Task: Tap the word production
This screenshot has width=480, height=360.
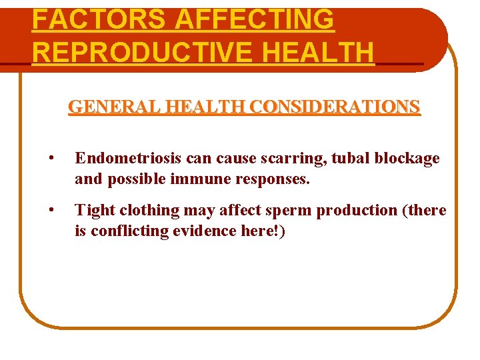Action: tap(357, 211)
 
